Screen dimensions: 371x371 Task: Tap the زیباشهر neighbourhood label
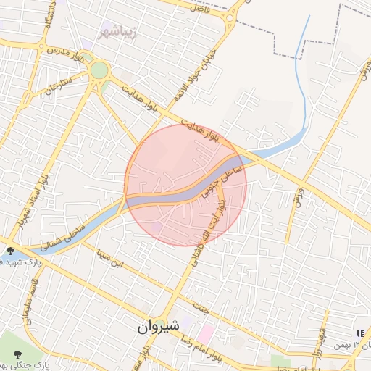coord(119,32)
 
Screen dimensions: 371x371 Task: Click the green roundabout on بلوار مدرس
coord(99,70)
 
